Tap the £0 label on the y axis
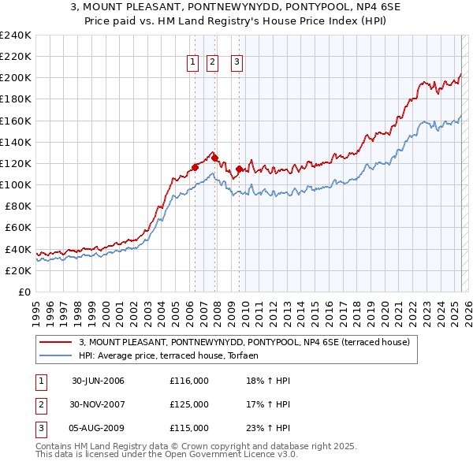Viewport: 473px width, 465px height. tap(24, 292)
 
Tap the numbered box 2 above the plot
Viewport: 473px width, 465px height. tap(213, 64)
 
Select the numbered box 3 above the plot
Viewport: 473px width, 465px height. tap(237, 64)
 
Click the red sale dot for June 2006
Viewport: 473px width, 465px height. tap(196, 167)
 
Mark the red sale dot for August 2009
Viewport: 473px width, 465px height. tap(239, 168)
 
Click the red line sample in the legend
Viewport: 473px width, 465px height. tap(56, 343)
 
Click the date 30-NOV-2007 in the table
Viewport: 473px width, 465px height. tap(98, 404)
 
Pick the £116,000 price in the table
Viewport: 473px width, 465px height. tap(189, 381)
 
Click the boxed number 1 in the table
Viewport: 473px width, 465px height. tap(40, 381)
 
